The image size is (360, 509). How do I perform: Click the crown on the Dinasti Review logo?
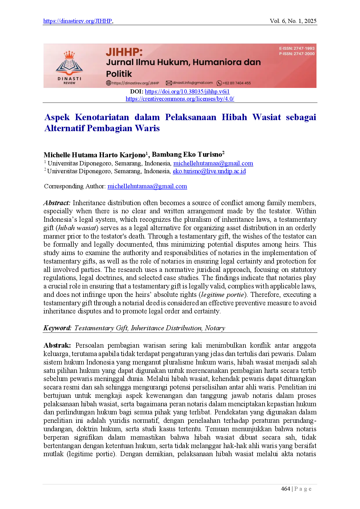click(69, 55)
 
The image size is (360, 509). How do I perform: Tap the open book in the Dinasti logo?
click(69, 66)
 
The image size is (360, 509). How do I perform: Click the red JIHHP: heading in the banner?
click(124, 52)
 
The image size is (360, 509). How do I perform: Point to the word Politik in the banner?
click(119, 74)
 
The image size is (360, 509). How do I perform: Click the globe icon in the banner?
click(108, 83)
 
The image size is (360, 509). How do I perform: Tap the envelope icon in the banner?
click(169, 83)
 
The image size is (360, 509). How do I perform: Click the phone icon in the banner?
click(219, 83)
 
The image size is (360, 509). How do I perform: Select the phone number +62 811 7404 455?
click(237, 83)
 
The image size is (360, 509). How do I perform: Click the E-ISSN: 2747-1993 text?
click(297, 48)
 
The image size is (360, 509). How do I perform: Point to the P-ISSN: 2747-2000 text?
click(297, 54)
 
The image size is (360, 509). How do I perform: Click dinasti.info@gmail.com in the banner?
click(193, 83)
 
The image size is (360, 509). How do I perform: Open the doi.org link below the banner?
click(187, 92)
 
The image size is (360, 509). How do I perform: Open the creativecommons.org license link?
click(180, 99)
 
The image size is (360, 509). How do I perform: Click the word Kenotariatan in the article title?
click(102, 117)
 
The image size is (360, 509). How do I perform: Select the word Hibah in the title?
click(234, 117)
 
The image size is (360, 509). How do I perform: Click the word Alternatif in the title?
click(65, 128)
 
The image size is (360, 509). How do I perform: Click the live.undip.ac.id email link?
click(209, 172)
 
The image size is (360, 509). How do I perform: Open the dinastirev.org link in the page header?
click(77, 21)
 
